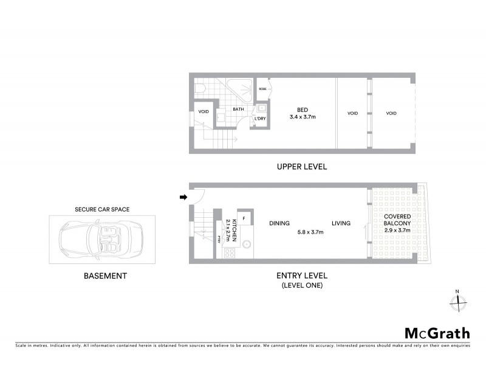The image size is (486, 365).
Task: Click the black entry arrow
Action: click(x=183, y=196)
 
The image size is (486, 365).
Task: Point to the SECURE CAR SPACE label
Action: click(x=101, y=209)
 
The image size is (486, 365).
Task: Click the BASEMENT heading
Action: click(x=105, y=276)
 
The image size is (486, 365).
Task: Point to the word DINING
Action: click(x=279, y=223)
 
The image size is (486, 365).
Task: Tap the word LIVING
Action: click(x=341, y=223)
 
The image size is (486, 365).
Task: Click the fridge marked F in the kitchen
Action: click(x=244, y=217)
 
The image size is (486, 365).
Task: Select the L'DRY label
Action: click(x=260, y=118)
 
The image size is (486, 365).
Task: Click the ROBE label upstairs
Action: click(x=262, y=89)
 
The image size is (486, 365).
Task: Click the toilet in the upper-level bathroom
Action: click(x=201, y=88)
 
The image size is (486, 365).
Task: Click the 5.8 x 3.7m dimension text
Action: click(x=310, y=232)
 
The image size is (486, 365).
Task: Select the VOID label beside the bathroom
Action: click(x=204, y=111)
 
